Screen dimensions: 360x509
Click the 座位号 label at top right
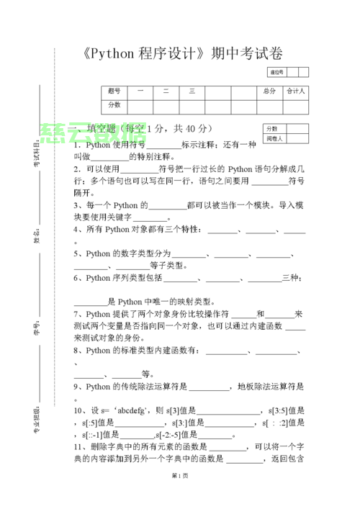coord(276,72)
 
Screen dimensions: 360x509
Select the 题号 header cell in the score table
coord(114,91)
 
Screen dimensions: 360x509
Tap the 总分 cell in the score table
coord(269,91)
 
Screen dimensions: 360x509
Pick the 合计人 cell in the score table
coord(296,91)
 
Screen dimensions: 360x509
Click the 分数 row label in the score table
coord(114,105)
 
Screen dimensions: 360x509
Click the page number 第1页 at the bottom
coord(180,497)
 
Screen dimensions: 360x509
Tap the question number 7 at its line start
coord(76,315)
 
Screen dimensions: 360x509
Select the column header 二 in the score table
coord(166,91)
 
